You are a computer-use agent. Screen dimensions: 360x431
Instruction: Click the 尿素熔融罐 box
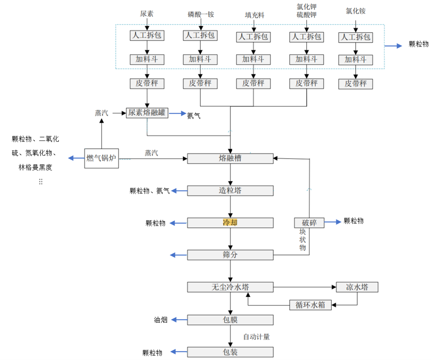(x=147, y=113)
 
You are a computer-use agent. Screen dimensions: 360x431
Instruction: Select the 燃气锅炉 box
(x=101, y=158)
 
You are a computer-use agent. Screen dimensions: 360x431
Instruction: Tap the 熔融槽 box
(x=230, y=158)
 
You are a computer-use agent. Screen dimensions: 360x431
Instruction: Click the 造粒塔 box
(x=230, y=191)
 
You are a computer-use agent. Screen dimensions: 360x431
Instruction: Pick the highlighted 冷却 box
(x=230, y=222)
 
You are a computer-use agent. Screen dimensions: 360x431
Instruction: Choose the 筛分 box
(x=230, y=255)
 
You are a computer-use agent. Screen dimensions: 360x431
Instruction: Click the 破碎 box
(x=309, y=222)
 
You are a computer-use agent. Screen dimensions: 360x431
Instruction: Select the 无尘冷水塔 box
(x=230, y=287)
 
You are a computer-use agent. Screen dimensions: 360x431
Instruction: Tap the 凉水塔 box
(x=357, y=287)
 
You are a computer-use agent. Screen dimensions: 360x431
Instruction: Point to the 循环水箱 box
(x=310, y=305)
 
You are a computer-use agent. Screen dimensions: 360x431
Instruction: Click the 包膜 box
(x=230, y=320)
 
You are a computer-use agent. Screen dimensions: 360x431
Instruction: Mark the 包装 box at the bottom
(x=230, y=352)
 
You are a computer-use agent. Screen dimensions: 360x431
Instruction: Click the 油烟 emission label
(x=160, y=320)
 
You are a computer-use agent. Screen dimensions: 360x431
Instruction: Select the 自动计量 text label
(x=256, y=337)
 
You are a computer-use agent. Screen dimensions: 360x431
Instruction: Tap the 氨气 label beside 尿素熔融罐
(x=194, y=115)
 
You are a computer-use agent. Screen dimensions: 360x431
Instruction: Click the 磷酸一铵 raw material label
(x=201, y=14)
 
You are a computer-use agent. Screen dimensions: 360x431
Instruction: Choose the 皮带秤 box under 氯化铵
(x=355, y=84)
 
